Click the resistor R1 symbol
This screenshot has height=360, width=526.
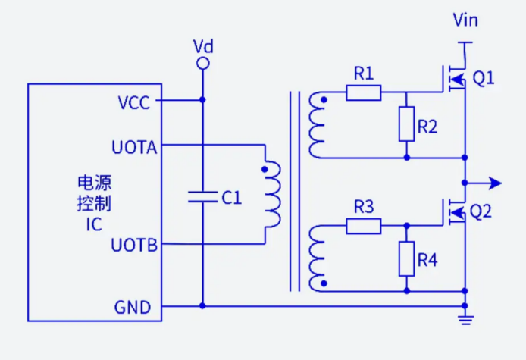click(364, 93)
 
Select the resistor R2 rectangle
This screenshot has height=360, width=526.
click(407, 124)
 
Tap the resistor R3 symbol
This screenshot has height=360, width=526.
click(364, 226)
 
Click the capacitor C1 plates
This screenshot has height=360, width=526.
click(202, 197)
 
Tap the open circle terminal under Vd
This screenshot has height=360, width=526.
click(202, 65)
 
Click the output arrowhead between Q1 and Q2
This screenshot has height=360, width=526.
click(494, 183)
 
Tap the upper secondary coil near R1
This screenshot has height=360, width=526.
click(316, 126)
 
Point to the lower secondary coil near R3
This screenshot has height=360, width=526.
click(316, 258)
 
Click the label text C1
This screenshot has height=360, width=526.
click(231, 198)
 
